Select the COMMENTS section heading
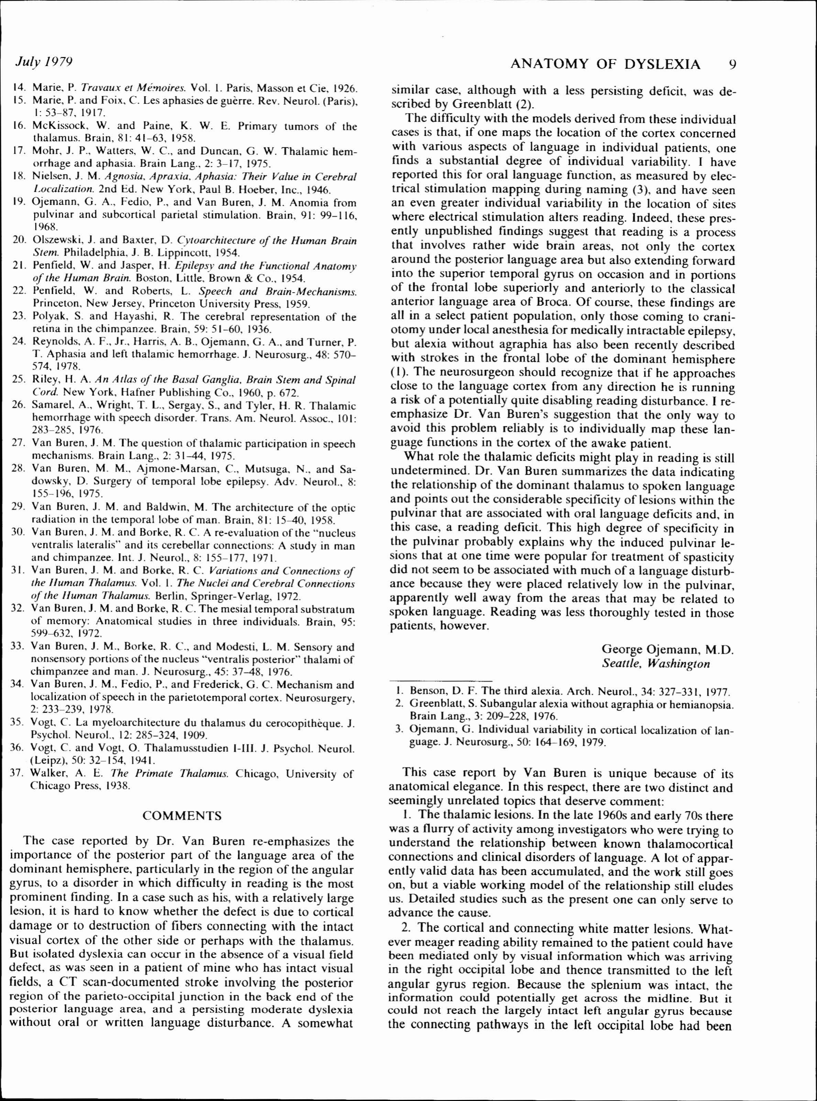pos(182,815)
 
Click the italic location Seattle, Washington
pos(656,663)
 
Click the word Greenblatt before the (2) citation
pos(484,104)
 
